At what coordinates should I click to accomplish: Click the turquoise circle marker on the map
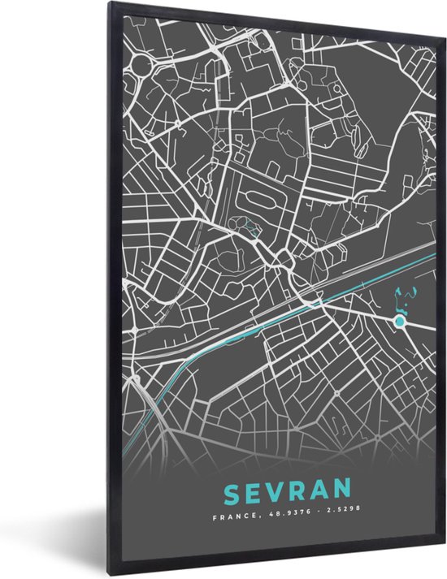pyautogui.click(x=399, y=322)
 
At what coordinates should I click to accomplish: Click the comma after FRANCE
pyautogui.click(x=254, y=516)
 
